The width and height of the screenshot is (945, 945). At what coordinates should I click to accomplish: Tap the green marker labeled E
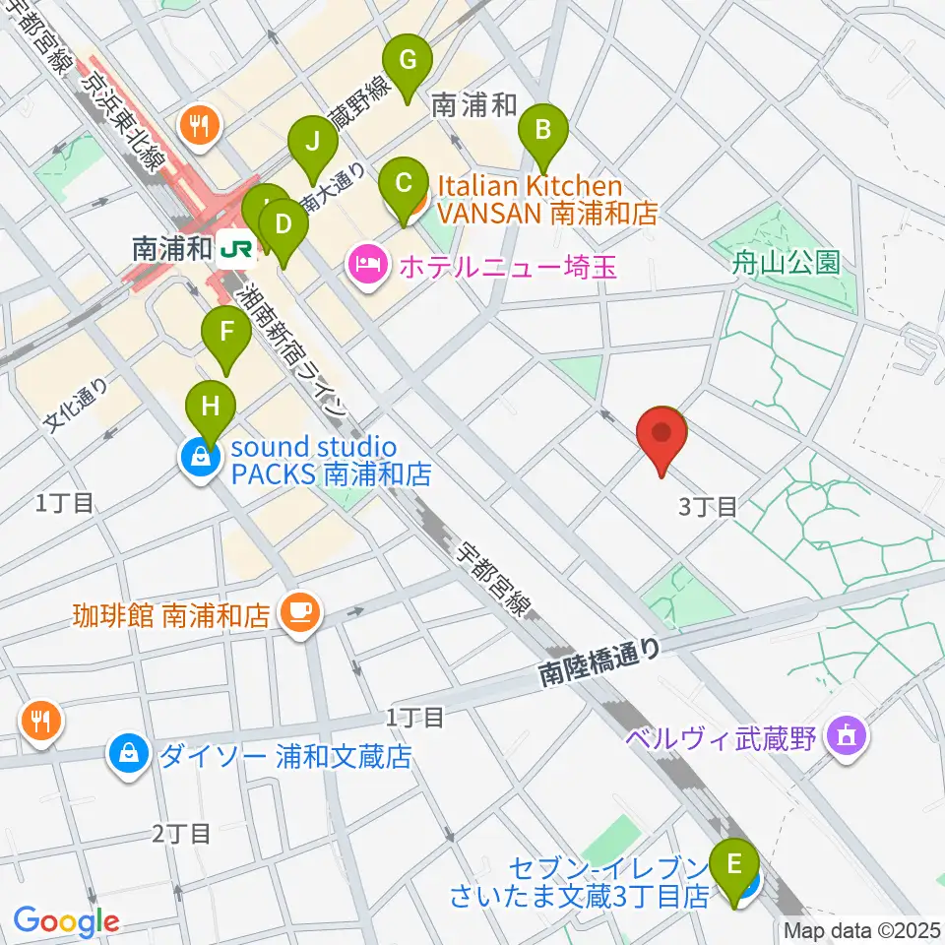734,867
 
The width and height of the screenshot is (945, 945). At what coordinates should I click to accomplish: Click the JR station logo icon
236,249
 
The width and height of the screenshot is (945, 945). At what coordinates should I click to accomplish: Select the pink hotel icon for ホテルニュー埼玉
364,264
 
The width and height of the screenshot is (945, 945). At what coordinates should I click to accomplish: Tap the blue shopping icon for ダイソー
129,755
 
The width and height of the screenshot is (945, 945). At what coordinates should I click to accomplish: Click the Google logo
66,920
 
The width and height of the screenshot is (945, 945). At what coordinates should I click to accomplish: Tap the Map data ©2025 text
862,929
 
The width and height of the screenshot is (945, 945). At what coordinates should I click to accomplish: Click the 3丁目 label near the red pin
708,507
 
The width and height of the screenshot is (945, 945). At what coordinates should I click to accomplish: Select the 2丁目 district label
181,834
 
